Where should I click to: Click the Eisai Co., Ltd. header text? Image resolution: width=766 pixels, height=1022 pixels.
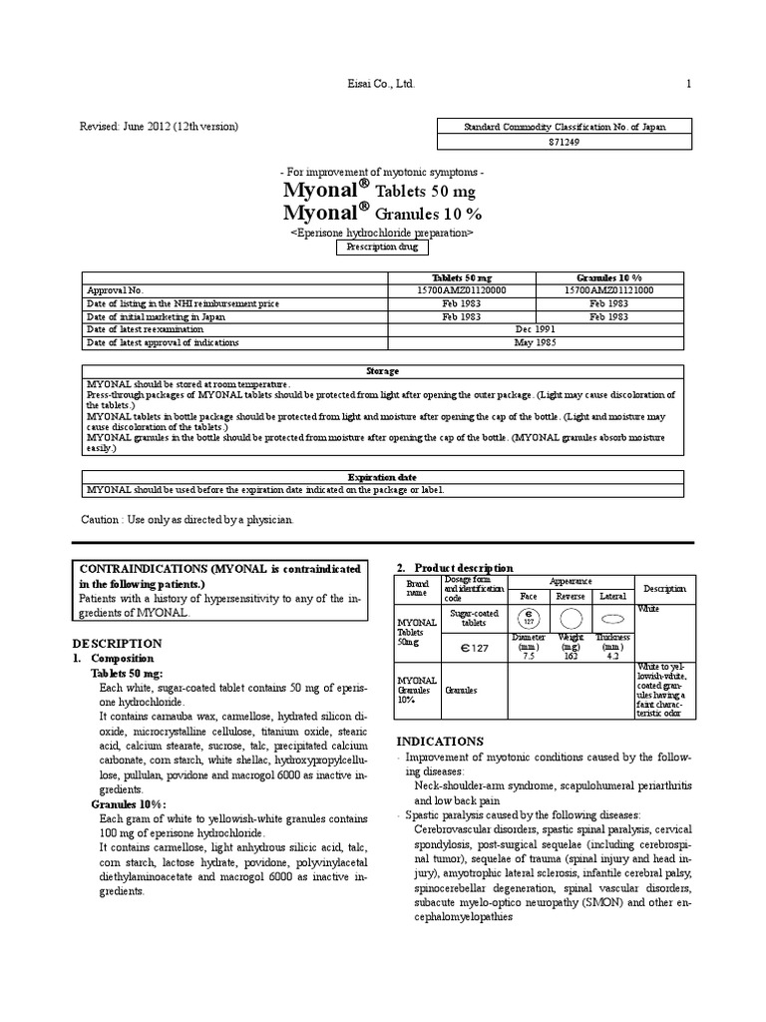(375, 86)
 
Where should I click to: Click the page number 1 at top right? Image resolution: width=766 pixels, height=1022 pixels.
(688, 86)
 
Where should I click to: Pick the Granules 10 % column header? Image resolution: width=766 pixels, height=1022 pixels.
(608, 276)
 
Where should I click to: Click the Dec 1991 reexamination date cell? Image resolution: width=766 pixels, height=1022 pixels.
(536, 328)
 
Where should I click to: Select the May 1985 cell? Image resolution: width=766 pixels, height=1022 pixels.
(536, 341)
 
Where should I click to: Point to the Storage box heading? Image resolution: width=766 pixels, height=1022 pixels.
(383, 370)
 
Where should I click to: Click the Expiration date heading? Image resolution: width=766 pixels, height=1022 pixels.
(383, 476)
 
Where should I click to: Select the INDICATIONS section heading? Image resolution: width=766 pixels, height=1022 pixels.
(440, 741)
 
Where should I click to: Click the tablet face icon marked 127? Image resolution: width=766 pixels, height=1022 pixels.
(529, 616)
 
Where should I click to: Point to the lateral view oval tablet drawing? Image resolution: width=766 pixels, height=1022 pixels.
(611, 619)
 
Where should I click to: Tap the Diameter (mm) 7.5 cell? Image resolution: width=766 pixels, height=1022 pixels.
(529, 648)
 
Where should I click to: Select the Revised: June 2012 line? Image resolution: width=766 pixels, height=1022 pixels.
(160, 126)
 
